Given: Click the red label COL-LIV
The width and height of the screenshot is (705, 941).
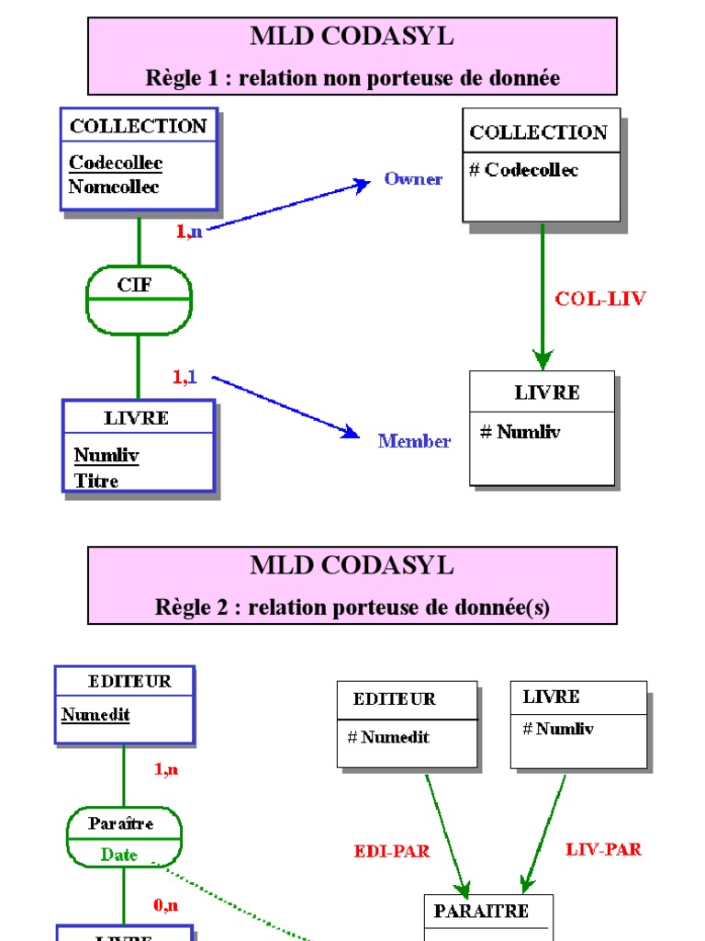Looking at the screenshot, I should [600, 299].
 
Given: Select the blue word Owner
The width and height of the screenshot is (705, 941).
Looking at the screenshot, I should [413, 179].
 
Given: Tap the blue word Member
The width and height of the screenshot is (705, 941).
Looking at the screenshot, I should [414, 442].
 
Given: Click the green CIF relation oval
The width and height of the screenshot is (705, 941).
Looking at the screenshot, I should [139, 300].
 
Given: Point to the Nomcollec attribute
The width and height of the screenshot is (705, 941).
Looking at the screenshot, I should [114, 187].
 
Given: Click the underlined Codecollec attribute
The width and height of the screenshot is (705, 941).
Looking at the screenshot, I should [116, 164].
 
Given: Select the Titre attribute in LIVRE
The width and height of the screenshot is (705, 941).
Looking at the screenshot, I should [96, 481].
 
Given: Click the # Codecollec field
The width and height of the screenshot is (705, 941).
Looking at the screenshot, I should [523, 170].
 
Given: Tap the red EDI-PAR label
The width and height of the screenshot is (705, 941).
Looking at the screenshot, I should [392, 852].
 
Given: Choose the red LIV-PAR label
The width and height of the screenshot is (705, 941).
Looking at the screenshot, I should [603, 850].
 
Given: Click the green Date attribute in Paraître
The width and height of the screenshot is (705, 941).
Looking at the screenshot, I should [119, 855].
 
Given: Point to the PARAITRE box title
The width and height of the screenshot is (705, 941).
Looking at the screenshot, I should [481, 912].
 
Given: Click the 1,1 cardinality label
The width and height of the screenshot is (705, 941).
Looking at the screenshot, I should [185, 377].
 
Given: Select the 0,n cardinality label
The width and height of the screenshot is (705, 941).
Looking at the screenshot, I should [165, 906].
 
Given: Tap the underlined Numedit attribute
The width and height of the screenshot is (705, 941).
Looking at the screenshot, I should [95, 715].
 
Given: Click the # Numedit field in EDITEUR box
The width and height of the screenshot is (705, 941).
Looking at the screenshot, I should [388, 737].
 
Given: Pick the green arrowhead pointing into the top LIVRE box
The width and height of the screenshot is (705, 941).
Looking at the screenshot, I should [543, 359].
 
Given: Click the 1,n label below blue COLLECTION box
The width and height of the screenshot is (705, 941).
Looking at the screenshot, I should [188, 232].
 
